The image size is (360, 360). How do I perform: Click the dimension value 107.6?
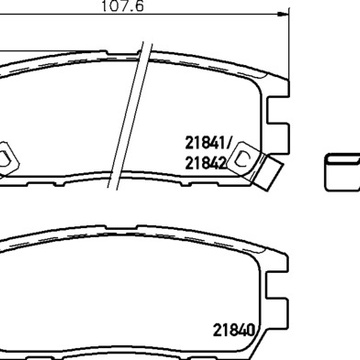click(122, 6)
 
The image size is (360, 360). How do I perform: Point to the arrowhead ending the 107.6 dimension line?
click(282, 14)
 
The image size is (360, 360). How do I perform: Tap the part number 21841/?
click(208, 143)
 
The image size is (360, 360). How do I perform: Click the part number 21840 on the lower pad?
click(234, 330)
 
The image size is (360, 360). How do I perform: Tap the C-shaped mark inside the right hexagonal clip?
click(242, 159)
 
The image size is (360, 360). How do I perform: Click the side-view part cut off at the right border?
click(342, 172)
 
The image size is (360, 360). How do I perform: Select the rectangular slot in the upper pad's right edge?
click(277, 110)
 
